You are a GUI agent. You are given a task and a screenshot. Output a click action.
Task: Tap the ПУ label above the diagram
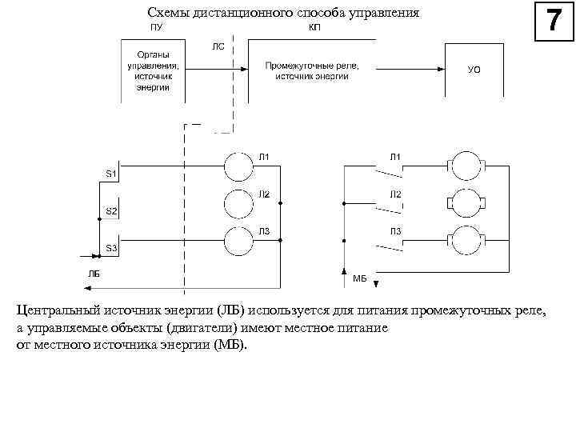coord(157,26)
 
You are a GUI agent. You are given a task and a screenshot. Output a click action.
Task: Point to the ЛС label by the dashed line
coord(218,46)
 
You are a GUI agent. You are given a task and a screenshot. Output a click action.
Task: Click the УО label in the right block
coord(474,70)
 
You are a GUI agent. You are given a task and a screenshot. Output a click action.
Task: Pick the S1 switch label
coord(112,173)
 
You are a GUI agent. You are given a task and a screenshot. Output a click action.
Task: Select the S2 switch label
coord(112,210)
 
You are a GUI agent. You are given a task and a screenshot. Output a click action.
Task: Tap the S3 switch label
coord(112,248)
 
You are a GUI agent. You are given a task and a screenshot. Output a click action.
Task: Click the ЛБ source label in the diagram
coord(94,274)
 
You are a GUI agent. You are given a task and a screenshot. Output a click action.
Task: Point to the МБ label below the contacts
coord(359,279)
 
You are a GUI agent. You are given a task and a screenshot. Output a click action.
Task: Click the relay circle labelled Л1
coord(238,166)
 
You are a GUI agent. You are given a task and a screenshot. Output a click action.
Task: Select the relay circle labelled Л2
coord(238,203)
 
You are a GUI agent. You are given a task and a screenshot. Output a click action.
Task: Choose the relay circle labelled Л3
coord(238,240)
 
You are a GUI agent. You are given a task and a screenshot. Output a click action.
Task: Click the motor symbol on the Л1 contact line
coord(464,166)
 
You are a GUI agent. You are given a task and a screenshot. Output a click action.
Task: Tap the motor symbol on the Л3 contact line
coord(464,240)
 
